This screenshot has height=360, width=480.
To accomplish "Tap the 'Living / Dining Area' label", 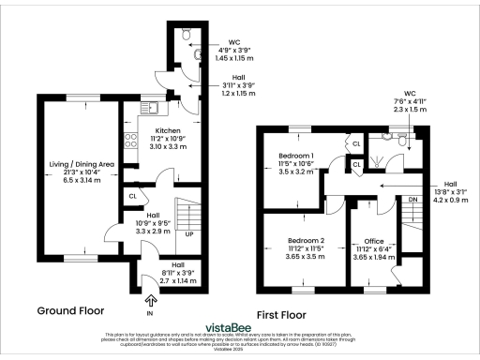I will point(82,164).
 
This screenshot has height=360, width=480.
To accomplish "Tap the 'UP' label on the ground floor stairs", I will point(187,233).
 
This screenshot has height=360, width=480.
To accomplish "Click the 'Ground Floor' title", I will point(70,309).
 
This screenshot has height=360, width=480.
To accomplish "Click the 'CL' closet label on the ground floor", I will point(133,197).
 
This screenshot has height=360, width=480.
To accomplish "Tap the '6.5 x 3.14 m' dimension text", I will point(82,180).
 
